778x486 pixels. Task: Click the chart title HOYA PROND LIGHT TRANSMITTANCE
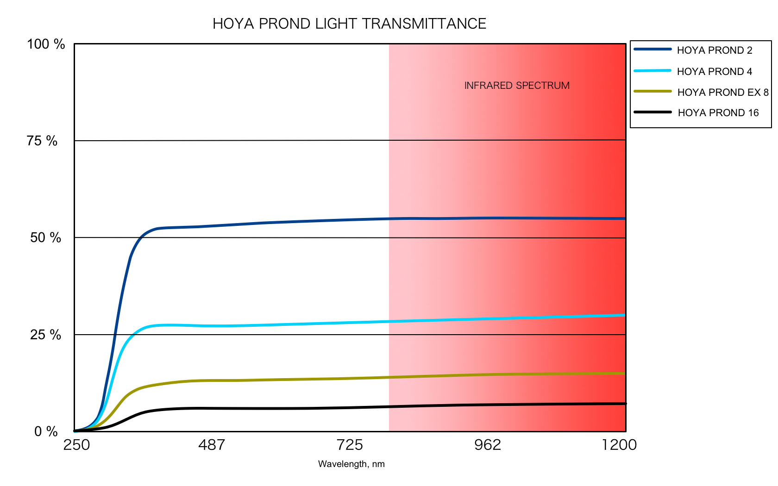pos(349,24)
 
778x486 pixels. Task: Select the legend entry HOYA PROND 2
pos(715,50)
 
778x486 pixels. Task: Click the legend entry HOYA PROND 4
pos(715,71)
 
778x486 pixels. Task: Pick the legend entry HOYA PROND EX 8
pos(722,92)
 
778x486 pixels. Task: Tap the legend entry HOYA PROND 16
pos(718,112)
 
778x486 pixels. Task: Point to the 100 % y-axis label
pos(46,44)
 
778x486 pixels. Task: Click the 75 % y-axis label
pos(42,141)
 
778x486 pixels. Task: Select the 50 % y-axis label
pos(45,237)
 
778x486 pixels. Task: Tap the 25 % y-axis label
pos(45,334)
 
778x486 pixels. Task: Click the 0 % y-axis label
pos(46,431)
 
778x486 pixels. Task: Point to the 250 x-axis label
pos(76,445)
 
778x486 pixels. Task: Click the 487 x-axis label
pos(211,445)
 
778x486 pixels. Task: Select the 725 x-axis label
pos(350,445)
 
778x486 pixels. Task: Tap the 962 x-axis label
pos(488,445)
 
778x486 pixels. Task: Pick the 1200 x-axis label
pos(619,445)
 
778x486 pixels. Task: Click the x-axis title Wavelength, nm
pos(351,464)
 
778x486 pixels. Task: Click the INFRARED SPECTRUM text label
pos(517,86)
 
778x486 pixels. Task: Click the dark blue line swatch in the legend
pos(653,49)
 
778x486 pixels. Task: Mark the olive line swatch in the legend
pos(653,91)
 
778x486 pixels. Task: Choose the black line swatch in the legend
pos(653,112)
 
